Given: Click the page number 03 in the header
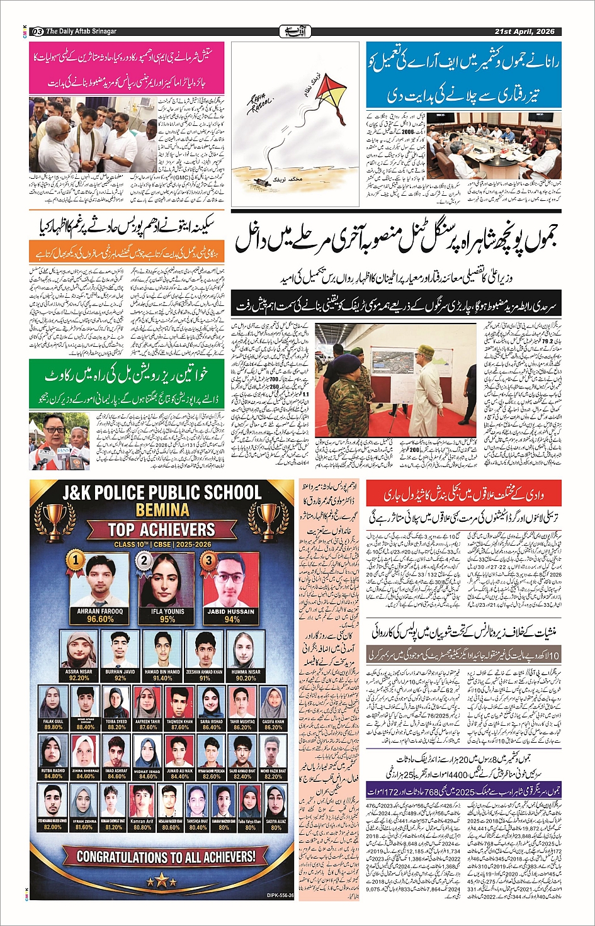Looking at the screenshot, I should point(37,31).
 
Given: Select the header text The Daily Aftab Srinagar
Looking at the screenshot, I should point(81,31).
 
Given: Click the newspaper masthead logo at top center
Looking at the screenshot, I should point(297,31).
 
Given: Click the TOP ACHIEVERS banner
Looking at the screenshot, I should point(162,529).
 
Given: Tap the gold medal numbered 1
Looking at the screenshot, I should point(76,558).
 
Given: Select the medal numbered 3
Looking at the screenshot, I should point(207,560).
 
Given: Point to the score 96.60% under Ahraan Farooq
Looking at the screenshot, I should point(100,619).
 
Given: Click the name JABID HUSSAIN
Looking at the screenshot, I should point(232,611).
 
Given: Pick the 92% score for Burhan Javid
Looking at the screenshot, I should point(120,678).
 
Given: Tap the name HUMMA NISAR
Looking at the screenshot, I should point(246,672).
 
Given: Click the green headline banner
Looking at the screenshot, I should point(126,376).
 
